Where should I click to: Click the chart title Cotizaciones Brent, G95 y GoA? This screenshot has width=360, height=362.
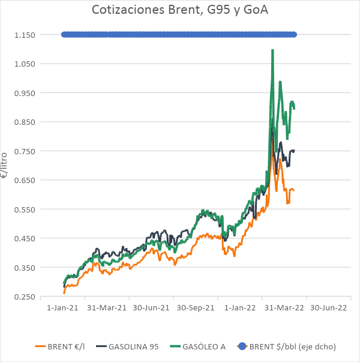click(x=179, y=10)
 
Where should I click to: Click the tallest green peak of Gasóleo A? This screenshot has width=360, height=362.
click(x=272, y=50)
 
